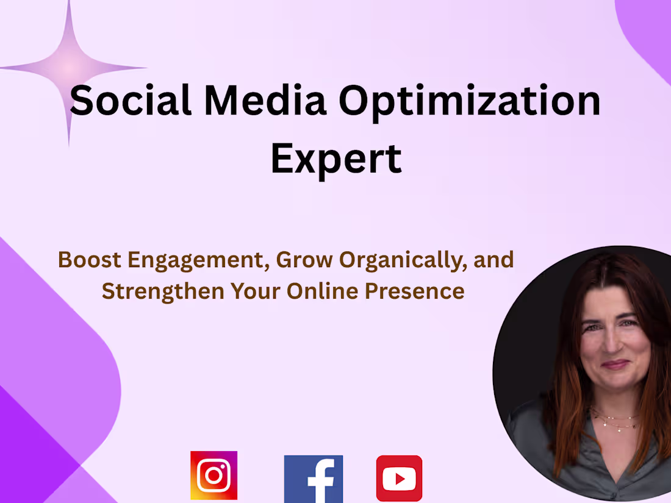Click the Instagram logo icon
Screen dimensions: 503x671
(x=213, y=476)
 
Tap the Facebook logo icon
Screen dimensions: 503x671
(x=314, y=479)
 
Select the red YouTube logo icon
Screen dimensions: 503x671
(x=399, y=479)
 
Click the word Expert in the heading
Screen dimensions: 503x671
(x=336, y=158)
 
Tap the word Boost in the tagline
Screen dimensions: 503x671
(x=90, y=260)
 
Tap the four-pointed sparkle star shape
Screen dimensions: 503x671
(x=70, y=67)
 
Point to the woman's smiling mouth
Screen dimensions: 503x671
(x=615, y=365)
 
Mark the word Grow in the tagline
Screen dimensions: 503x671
(x=304, y=260)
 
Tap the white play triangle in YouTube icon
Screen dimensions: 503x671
(x=400, y=479)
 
